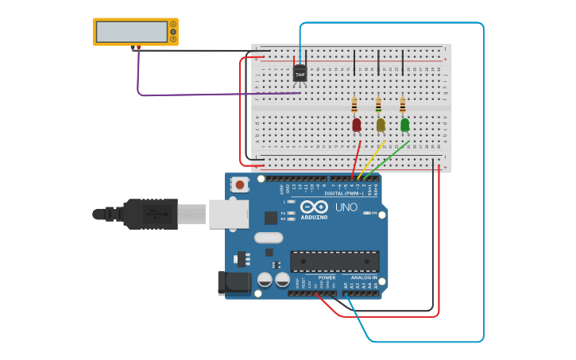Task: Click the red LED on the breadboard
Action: [x=356, y=124]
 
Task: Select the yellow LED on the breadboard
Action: [x=380, y=124]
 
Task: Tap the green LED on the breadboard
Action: [x=404, y=124]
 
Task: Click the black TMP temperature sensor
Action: [x=300, y=74]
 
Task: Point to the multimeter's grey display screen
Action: [x=132, y=32]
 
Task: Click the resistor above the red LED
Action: [x=354, y=105]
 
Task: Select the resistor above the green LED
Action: [x=403, y=105]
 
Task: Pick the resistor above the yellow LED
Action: [x=378, y=105]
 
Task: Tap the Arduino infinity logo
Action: [x=314, y=207]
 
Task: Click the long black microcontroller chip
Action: [x=334, y=261]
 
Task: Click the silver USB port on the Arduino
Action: [x=229, y=214]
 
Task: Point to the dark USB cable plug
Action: [x=151, y=214]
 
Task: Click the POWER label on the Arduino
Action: [x=327, y=277]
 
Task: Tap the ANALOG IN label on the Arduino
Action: [x=363, y=277]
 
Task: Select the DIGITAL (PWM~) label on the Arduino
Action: [x=343, y=193]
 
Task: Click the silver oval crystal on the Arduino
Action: [x=269, y=237]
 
